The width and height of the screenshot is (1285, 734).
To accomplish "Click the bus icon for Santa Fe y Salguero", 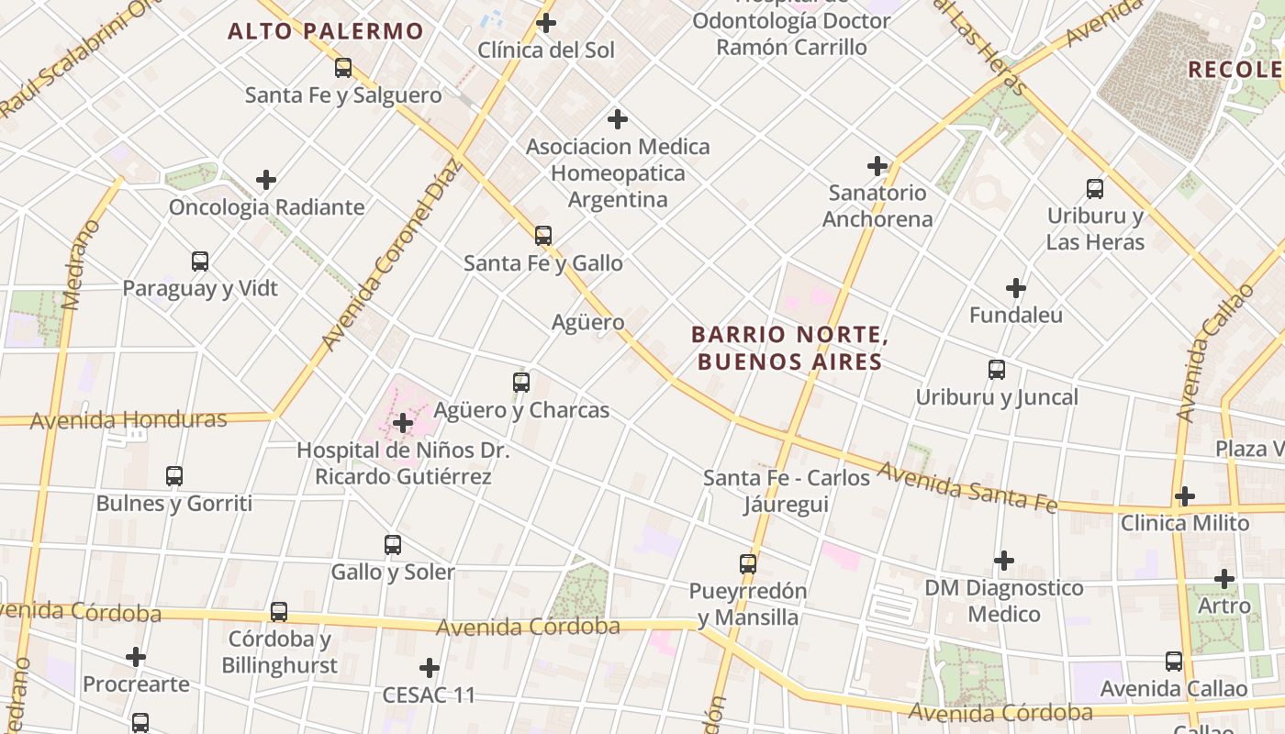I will point(342,68).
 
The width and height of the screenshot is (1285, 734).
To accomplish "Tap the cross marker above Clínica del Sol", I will point(546,23).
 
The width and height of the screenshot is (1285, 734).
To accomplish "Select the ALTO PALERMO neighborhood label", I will point(326,31).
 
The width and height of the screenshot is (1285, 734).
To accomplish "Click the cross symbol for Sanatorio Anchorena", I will point(877,166).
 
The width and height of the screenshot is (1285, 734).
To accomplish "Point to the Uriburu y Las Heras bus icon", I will point(1095,189).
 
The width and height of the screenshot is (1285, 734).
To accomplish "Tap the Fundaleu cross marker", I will point(1015,288).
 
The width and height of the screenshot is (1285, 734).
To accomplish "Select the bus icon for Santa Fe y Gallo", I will point(543,236).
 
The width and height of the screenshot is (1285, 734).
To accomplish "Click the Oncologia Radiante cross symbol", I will point(266,180).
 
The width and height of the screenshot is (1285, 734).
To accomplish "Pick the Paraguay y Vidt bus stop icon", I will point(200,261).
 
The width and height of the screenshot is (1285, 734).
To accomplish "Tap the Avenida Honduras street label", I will point(128,420).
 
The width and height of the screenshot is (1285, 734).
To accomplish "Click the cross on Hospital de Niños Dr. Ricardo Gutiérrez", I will point(402,423).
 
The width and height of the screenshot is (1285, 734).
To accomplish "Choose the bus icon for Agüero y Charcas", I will point(521,383).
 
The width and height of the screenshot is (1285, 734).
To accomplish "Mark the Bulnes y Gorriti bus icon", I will point(174,476).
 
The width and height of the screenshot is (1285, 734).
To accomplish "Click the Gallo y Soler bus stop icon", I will point(393,545).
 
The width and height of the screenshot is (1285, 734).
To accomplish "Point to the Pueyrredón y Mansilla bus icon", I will point(748,564).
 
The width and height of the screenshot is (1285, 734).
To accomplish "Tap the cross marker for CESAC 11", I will point(429,668).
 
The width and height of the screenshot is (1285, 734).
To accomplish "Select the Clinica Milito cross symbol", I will point(1185,496).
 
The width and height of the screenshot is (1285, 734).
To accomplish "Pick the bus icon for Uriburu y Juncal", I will point(997,370).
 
